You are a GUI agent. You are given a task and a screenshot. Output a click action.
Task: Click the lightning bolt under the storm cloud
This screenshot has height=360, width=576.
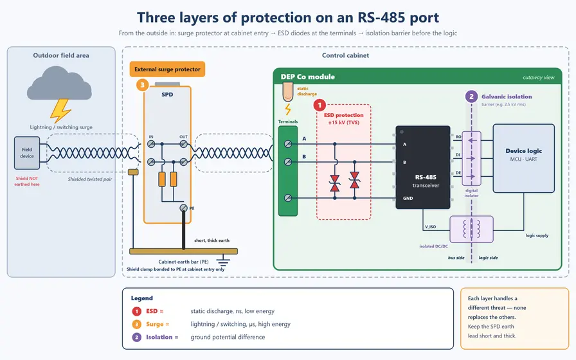60,111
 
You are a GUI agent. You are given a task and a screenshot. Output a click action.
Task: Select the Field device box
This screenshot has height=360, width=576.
27,153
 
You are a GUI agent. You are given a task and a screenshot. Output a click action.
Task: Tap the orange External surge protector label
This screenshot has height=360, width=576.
167,69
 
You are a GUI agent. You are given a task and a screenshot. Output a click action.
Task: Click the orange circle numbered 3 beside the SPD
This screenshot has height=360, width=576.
142,85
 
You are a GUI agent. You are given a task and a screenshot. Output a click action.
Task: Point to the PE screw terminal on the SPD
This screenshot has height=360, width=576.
184,208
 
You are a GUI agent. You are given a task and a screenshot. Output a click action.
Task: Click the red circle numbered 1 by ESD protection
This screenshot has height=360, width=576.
319,105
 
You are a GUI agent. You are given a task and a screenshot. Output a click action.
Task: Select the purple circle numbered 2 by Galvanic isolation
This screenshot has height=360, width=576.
471,96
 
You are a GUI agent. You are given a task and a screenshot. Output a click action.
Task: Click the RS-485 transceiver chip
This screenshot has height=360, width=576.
423,168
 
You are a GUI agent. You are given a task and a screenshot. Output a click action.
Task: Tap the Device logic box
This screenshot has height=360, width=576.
523,158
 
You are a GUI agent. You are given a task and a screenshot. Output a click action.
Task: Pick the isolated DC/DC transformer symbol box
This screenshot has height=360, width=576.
471,230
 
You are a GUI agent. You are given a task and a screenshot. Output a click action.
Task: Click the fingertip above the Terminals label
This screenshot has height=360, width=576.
287,92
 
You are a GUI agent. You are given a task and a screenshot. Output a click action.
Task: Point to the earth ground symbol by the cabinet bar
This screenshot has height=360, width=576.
223,261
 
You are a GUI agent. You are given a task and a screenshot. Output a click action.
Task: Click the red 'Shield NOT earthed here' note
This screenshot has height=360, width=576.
27,181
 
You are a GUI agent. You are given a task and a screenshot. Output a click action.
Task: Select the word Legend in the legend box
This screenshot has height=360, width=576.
142,298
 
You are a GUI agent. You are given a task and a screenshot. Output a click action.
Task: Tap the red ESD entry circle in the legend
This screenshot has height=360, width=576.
137,312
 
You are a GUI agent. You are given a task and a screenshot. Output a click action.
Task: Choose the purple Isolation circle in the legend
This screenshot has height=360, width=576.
137,337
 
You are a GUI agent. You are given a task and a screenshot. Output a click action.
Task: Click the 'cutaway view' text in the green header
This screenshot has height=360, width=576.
539,78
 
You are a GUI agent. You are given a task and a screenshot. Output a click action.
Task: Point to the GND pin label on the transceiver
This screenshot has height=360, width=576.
408,199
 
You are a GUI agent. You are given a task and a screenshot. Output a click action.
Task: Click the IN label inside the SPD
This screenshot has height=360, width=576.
151,137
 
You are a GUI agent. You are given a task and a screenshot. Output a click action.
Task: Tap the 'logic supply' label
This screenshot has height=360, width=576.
537,235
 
